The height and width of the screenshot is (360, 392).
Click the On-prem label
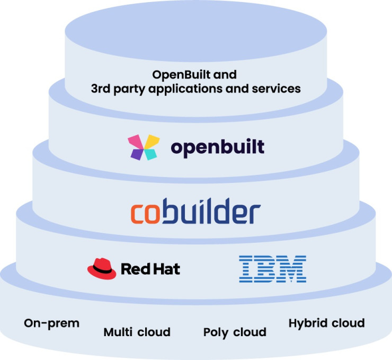[51, 323]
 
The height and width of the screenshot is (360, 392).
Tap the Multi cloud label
[137, 332]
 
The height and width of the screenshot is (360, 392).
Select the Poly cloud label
[235, 332]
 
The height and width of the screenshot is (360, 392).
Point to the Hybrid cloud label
[326, 323]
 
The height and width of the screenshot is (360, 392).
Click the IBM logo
[272, 268]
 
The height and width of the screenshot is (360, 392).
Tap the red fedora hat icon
[102, 268]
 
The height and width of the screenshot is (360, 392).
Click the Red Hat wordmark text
[150, 269]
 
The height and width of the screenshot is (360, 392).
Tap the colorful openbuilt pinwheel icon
[144, 147]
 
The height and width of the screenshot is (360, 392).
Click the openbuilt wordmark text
[217, 147]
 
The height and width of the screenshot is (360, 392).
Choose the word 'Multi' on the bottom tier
[117, 332]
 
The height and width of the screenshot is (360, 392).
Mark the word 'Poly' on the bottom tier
[215, 332]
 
